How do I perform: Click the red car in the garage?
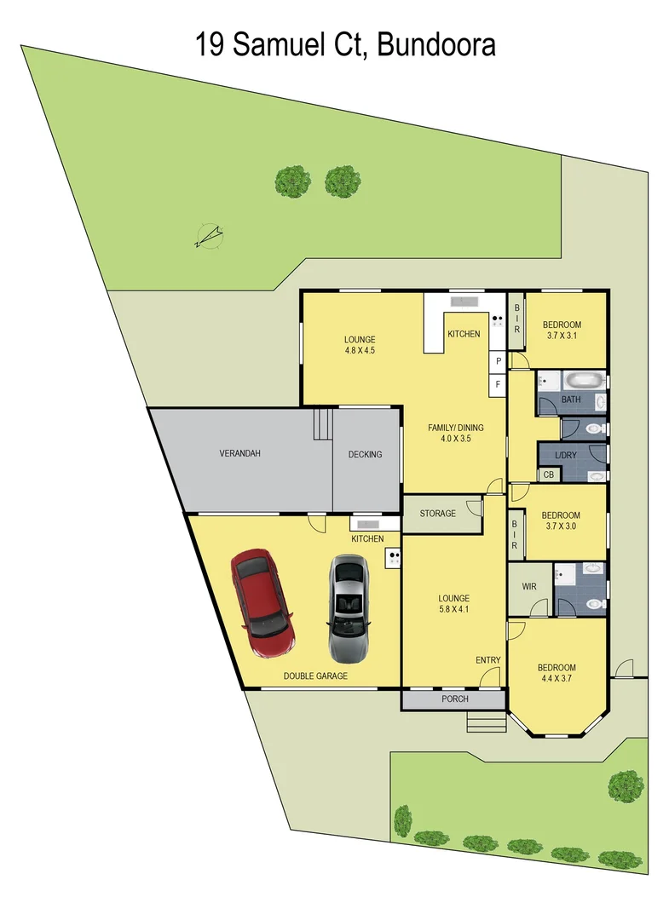click(262, 604)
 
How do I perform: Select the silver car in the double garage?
click(349, 609)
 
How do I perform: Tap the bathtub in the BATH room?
click(584, 380)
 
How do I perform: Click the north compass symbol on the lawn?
click(209, 236)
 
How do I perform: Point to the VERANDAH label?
click(239, 453)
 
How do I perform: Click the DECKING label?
click(365, 454)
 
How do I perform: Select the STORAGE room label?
click(437, 514)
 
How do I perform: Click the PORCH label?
click(454, 699)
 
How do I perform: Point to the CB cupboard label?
click(548, 474)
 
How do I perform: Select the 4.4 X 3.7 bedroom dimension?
click(556, 679)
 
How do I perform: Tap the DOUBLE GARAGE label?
click(315, 676)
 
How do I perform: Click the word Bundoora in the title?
click(436, 43)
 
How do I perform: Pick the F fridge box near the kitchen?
click(498, 384)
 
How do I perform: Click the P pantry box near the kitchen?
click(498, 360)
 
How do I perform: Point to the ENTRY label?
click(488, 660)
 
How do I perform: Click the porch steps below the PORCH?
click(486, 722)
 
